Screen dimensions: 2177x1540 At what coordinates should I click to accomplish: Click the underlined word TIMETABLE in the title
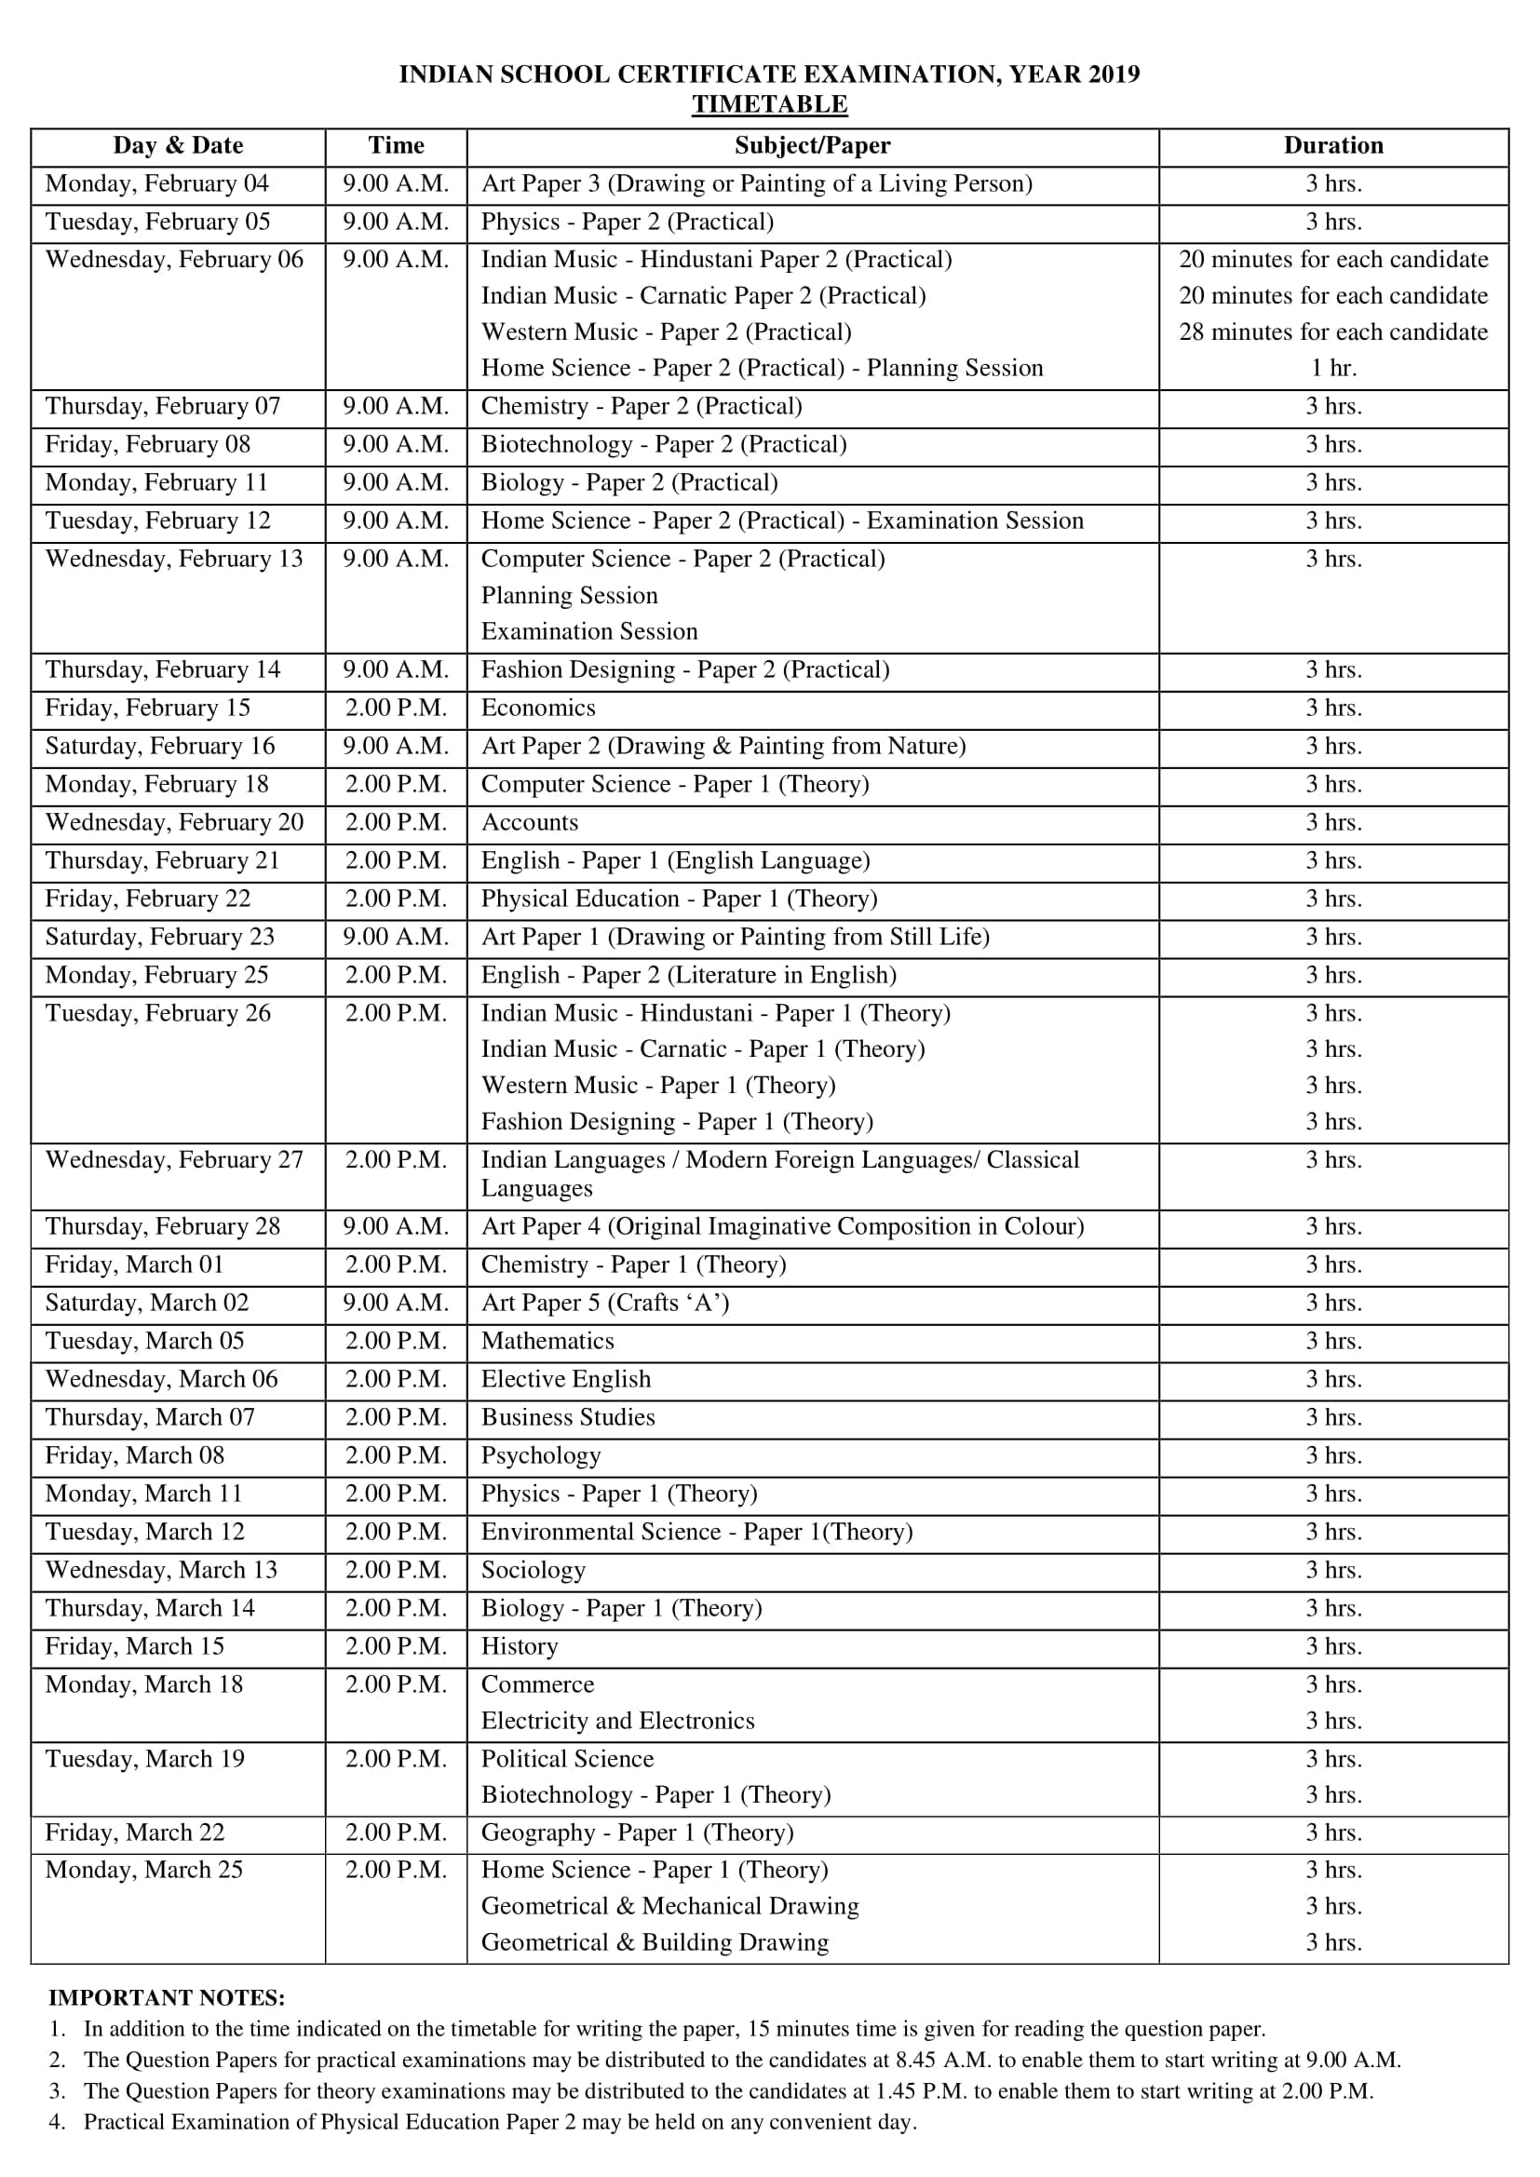769,104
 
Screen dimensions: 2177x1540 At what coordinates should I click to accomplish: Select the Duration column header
1332,145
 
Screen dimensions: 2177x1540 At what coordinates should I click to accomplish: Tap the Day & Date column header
177,145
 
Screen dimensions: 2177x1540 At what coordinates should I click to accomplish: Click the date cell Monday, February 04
156,184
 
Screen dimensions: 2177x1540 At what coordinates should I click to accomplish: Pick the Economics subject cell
537,709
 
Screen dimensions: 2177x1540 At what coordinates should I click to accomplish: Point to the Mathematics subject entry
547,1342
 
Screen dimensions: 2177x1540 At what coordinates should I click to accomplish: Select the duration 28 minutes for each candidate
1332,332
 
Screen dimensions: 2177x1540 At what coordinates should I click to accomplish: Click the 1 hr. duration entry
1332,369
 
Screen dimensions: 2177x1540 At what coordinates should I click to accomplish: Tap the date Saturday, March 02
147,1304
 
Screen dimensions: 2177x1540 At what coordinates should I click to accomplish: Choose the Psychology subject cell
541,1456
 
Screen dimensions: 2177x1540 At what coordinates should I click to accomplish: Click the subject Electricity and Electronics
617,1721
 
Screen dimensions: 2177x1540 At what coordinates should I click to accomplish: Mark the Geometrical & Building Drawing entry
655,1942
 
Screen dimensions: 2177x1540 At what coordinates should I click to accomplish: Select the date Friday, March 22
135,1832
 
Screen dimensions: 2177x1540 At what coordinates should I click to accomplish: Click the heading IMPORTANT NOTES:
166,1999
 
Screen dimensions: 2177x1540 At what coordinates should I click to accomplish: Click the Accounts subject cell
529,823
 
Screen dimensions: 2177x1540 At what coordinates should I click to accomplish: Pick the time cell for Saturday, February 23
396,938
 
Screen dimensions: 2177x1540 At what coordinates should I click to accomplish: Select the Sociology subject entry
533,1571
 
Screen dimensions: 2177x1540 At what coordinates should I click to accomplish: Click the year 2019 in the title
1114,74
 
